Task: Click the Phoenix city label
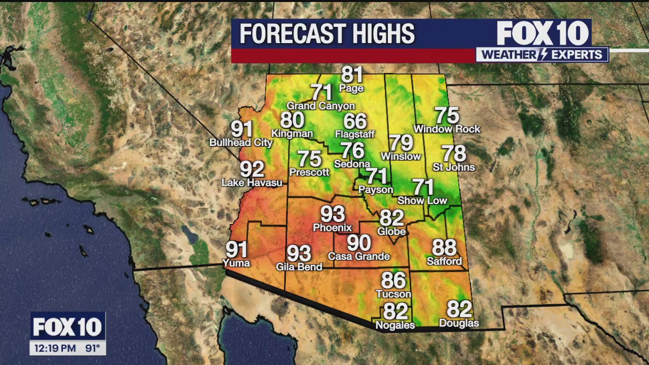tap(332, 228)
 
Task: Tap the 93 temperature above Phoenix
tap(332, 214)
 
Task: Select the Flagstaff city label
tap(355, 134)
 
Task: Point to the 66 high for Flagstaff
tap(355, 121)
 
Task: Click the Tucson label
tap(393, 294)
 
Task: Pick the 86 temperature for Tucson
tap(393, 280)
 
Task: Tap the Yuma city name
tap(236, 263)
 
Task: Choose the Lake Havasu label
tap(252, 182)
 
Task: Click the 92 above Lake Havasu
tap(252, 169)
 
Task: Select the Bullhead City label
tap(241, 142)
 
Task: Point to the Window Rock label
tap(447, 129)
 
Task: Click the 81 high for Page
tap(352, 75)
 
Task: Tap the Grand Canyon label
tap(321, 106)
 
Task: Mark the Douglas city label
tap(459, 323)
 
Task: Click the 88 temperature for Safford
tap(444, 248)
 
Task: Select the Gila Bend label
tap(299, 267)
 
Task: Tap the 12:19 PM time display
tap(55, 348)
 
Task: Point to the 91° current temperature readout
tap(92, 348)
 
